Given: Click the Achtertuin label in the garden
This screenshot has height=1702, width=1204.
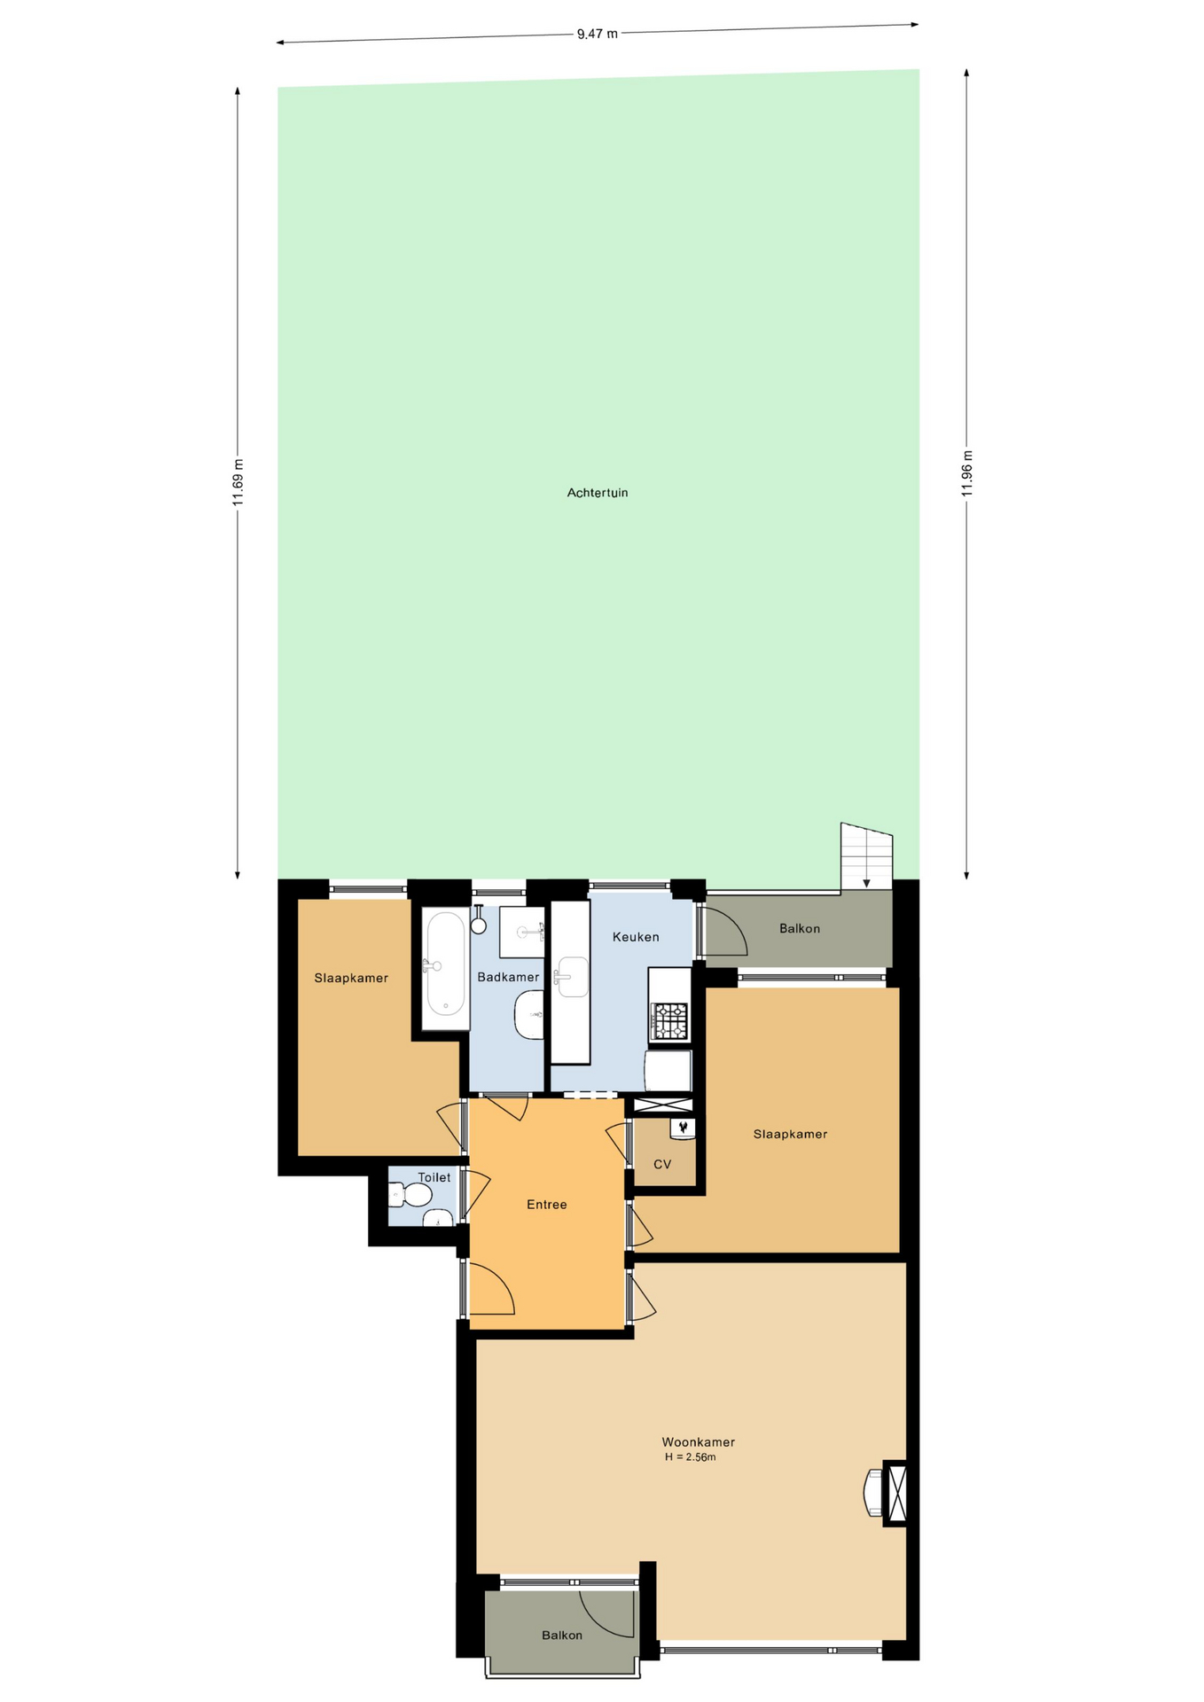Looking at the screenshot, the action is (598, 493).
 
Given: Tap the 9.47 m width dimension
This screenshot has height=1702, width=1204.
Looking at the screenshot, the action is (597, 34).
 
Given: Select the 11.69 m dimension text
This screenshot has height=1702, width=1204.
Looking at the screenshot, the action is (238, 483).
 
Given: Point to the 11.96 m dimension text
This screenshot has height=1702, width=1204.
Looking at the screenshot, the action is (966, 473).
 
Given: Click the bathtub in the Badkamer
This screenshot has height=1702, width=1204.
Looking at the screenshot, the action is (445, 968).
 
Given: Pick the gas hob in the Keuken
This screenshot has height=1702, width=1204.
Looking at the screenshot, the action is (669, 1020).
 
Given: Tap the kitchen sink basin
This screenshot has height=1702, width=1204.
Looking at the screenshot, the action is (570, 977).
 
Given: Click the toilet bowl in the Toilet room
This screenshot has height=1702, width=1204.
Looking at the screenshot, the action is (410, 1195).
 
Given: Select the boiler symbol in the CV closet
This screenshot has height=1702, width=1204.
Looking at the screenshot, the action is (683, 1128).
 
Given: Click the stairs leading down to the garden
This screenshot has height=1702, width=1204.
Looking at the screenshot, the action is (866, 856).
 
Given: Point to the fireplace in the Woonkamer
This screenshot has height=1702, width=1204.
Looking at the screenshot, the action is (886, 1493).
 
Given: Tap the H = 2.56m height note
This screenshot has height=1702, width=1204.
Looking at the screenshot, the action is (690, 1456).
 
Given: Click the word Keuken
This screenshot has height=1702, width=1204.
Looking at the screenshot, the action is (636, 937).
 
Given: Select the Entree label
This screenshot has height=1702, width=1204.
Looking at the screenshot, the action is (546, 1205).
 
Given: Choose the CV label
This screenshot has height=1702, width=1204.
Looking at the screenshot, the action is (662, 1164).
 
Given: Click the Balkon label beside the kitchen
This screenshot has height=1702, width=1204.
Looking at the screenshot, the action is (800, 929).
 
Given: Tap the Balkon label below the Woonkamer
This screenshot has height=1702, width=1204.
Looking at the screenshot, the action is (562, 1636).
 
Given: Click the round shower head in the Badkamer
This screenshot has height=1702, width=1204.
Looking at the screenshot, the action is (479, 925).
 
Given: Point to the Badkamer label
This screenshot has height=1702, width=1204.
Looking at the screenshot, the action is (508, 978).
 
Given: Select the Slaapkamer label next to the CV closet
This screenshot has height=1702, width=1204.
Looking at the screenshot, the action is (790, 1135).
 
